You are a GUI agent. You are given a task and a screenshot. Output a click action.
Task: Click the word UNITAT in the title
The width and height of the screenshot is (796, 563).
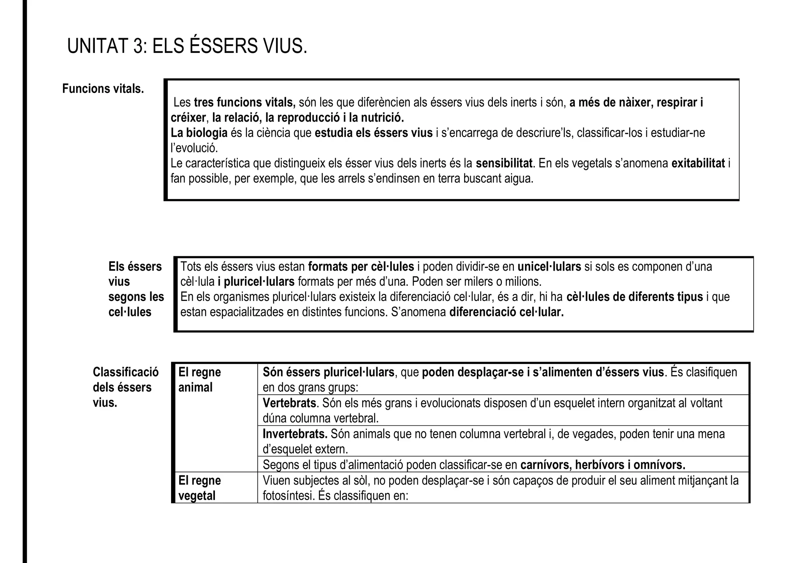98,47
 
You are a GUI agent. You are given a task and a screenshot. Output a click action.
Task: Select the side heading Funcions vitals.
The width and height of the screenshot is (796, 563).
103,89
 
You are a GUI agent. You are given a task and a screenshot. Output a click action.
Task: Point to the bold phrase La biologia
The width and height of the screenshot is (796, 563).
199,133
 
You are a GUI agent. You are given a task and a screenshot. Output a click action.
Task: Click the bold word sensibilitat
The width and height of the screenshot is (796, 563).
504,163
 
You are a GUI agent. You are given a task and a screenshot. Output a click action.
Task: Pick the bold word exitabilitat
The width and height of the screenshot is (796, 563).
698,163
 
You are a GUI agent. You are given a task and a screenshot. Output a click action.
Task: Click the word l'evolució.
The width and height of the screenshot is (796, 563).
194,148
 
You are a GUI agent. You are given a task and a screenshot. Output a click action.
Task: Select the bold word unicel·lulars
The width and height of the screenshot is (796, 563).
549,267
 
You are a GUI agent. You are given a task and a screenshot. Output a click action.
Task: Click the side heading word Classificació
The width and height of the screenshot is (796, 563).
126,372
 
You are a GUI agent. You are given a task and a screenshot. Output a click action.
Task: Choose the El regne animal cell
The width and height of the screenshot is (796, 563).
199,380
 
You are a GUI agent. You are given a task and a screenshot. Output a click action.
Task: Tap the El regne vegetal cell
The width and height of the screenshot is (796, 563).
199,488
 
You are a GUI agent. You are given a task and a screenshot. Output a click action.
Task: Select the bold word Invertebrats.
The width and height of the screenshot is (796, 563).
295,434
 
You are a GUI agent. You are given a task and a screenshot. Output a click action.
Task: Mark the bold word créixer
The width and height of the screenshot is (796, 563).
188,117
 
